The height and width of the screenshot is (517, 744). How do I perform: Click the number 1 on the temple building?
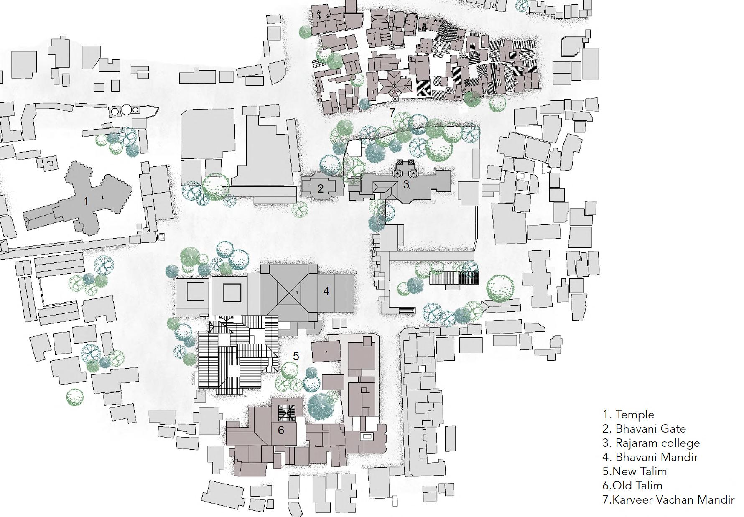(x=86, y=201)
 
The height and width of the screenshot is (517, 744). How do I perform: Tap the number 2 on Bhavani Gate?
(x=320, y=188)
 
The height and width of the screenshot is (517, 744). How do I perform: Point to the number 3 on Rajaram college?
(x=406, y=184)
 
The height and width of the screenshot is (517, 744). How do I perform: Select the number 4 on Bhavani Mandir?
(x=326, y=291)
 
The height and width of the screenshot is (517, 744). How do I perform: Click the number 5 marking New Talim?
(x=296, y=356)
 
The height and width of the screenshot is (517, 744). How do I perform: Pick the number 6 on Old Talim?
(x=281, y=430)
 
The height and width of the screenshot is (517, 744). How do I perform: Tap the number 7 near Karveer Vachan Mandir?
(x=392, y=112)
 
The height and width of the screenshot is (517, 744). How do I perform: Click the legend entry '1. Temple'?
(x=628, y=415)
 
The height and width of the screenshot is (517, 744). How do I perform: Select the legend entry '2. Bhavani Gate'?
(x=644, y=429)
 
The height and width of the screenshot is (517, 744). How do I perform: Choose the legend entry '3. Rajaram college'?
(x=651, y=443)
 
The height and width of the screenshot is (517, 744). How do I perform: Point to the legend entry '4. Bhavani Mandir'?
(x=650, y=457)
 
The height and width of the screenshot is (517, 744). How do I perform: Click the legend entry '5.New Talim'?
(x=634, y=471)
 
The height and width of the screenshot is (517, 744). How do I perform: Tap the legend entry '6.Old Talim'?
(x=632, y=486)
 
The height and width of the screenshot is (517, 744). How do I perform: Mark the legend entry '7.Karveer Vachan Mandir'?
(x=668, y=500)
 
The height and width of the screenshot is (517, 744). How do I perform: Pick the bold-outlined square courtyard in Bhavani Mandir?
(x=232, y=293)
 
